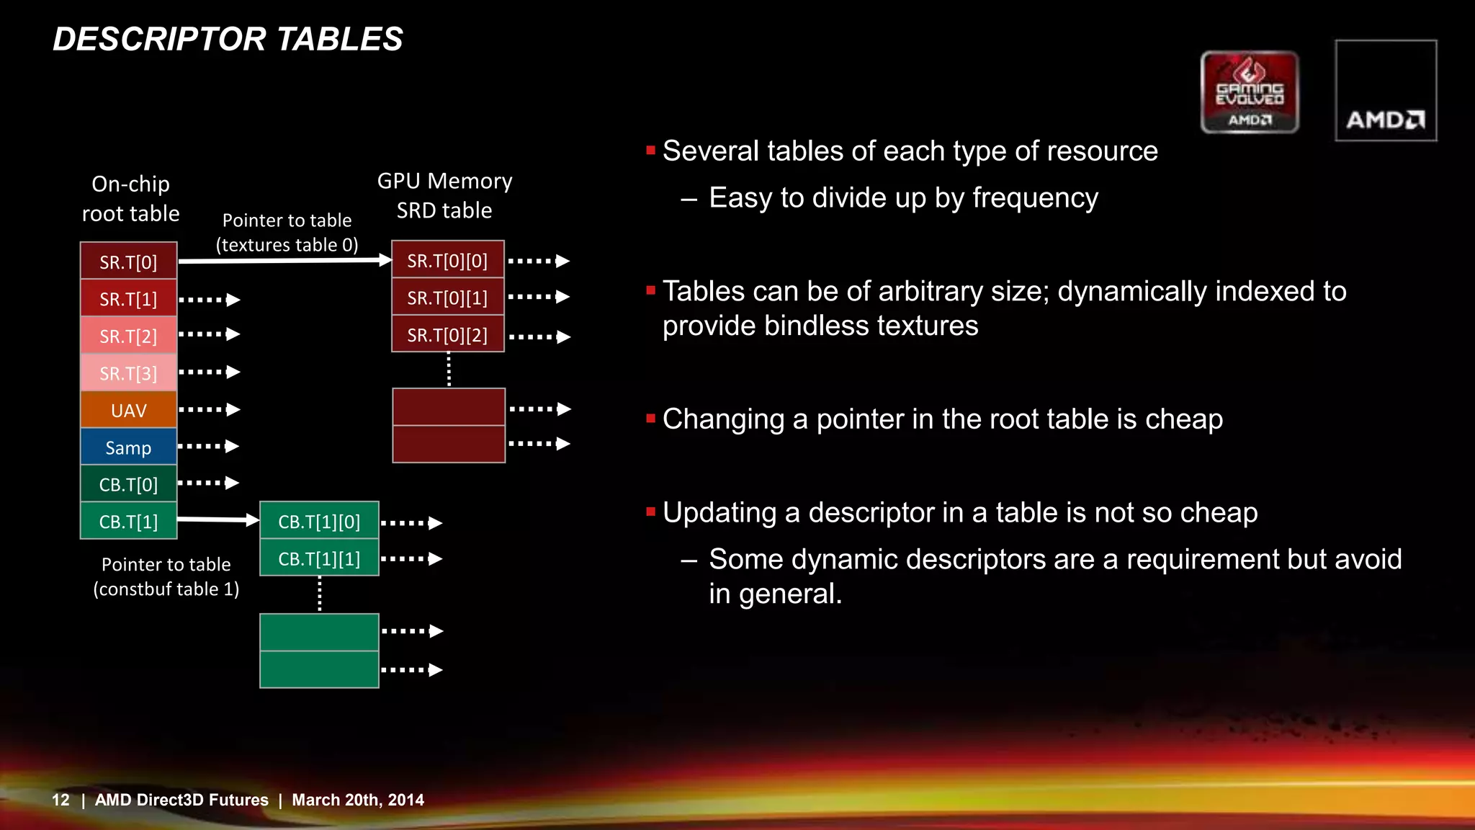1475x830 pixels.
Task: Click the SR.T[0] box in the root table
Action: coord(128,262)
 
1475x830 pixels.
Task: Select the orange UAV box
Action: coord(128,410)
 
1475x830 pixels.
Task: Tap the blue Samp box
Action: coord(128,447)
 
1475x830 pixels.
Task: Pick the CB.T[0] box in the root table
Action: coord(128,484)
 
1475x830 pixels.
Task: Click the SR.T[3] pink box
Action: coord(128,373)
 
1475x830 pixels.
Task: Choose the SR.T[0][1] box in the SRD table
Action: coord(447,298)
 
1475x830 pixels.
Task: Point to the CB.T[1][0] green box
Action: coord(319,521)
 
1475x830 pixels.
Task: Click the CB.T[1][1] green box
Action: coord(319,558)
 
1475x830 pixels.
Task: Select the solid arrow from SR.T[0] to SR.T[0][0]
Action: coord(284,260)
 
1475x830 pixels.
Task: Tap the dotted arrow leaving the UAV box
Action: coord(209,409)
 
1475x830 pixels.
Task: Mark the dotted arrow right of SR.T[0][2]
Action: coord(539,336)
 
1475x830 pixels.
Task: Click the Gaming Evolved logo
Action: coord(1250,92)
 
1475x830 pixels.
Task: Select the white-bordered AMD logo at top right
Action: coord(1386,91)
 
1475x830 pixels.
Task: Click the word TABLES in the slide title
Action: coord(340,39)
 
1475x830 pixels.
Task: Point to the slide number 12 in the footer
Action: coord(60,800)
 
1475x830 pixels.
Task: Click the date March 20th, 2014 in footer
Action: coord(358,800)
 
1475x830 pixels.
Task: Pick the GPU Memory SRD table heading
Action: coord(444,195)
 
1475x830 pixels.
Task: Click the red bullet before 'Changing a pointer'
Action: coord(650,418)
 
